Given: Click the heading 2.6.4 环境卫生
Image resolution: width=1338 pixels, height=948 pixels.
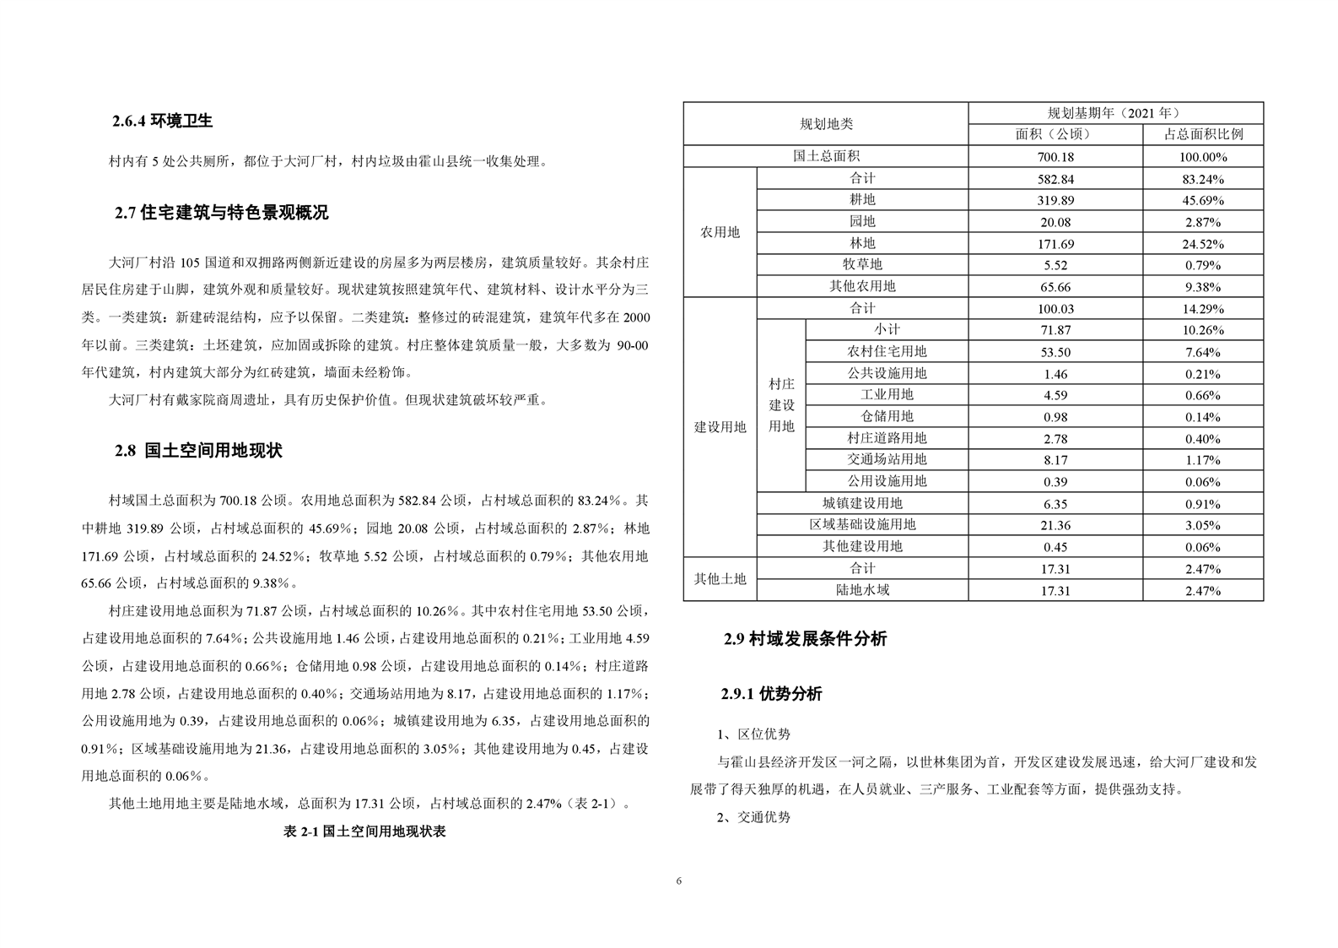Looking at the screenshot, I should click(162, 121).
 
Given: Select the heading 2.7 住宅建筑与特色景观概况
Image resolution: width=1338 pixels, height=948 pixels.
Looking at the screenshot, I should click(221, 213).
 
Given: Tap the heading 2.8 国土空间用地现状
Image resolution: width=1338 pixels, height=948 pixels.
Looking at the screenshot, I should click(198, 451).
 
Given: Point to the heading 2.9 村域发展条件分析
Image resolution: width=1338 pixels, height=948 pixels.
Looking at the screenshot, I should click(805, 639).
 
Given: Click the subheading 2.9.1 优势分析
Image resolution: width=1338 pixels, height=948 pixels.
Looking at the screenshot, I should click(771, 694).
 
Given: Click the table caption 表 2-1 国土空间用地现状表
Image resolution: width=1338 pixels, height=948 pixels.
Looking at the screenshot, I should click(364, 832).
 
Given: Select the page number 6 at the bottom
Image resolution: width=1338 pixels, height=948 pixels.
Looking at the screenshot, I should click(678, 881).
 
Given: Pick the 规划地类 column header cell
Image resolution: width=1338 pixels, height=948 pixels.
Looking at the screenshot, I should click(826, 124).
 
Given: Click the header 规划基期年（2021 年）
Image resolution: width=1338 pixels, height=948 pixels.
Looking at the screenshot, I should click(1114, 113).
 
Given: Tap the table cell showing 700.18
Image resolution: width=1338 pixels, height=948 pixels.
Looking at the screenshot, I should click(1055, 156).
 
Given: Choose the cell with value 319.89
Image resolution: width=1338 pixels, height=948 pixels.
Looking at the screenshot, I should click(1055, 200).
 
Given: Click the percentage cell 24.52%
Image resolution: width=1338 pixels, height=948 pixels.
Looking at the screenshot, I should click(1203, 244).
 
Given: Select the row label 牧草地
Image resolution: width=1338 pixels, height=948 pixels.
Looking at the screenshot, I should click(862, 264).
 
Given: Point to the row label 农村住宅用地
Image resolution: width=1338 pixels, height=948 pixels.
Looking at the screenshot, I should click(887, 351).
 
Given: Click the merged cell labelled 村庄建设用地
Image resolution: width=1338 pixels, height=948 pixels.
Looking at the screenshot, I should click(781, 405).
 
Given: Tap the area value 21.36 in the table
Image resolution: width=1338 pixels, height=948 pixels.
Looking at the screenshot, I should click(1055, 525).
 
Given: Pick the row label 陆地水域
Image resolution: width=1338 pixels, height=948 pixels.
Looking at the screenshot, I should click(862, 590).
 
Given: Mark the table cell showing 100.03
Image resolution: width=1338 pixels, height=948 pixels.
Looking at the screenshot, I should click(1055, 309).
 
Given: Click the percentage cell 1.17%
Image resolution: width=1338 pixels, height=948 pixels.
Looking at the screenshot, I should click(1203, 460).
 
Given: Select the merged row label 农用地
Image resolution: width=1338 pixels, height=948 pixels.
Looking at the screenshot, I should click(720, 232).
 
